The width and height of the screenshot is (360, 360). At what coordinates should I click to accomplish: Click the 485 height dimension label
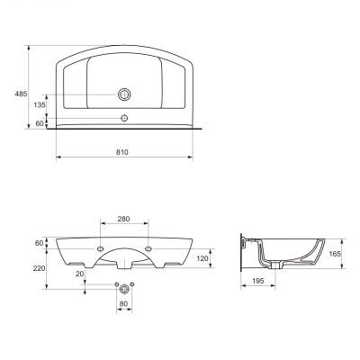(x=21, y=94)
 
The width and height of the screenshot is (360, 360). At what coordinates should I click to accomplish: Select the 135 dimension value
(x=40, y=105)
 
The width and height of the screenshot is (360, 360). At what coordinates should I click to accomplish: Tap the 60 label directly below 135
(x=40, y=123)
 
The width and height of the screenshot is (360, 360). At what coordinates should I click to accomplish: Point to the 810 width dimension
(x=122, y=152)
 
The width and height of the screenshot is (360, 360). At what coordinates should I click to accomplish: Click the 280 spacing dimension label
(x=123, y=219)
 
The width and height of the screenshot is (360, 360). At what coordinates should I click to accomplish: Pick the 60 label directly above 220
(x=40, y=243)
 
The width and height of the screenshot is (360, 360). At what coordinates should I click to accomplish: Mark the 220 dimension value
(x=40, y=268)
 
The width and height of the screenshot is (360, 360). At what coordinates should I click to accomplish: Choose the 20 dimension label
(x=80, y=274)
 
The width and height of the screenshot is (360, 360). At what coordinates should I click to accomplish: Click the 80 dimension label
(x=123, y=303)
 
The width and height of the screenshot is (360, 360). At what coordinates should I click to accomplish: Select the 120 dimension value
(x=203, y=258)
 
